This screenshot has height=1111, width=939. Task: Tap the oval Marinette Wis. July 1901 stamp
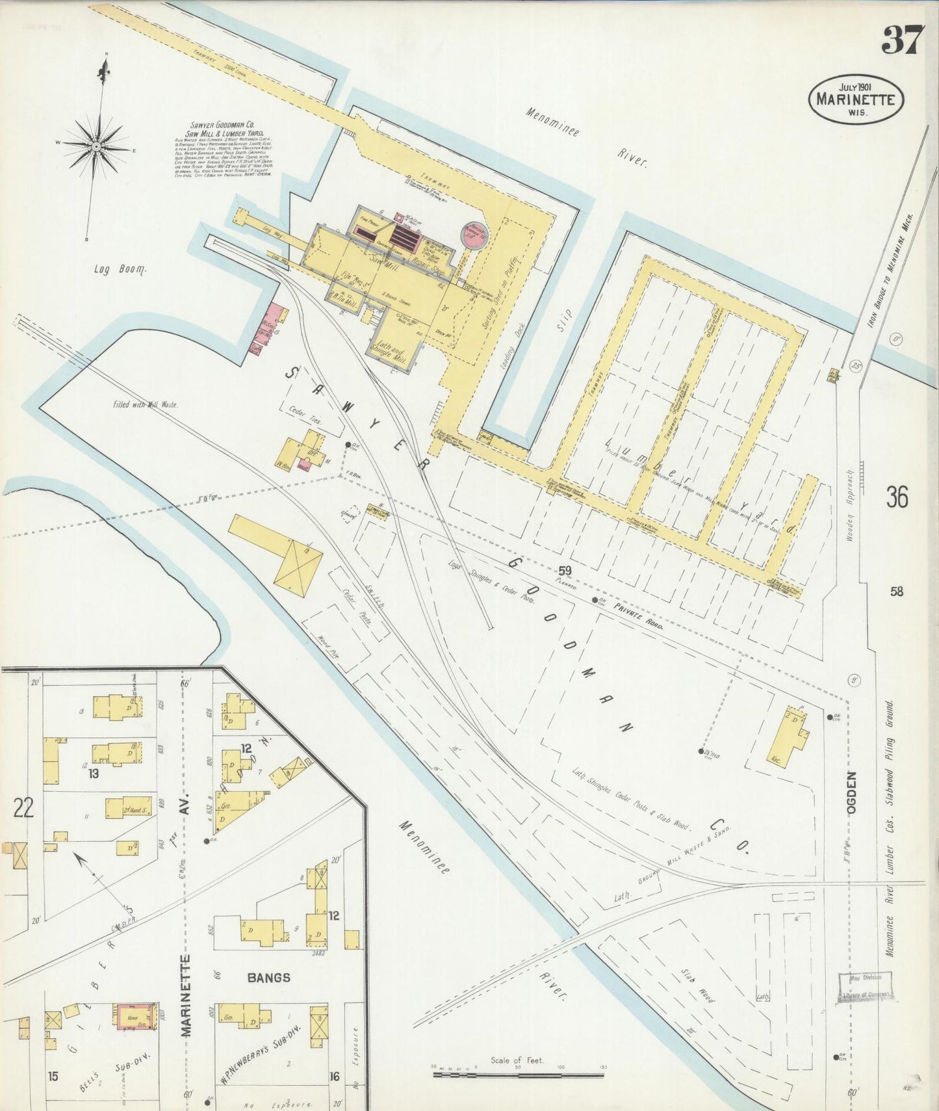pyautogui.click(x=856, y=99)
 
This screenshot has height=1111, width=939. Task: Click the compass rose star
pyautogui.click(x=96, y=147)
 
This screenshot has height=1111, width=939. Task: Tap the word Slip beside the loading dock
pyautogui.click(x=565, y=320)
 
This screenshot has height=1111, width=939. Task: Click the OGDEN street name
pyautogui.click(x=851, y=792)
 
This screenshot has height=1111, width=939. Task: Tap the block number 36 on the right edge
pyautogui.click(x=896, y=497)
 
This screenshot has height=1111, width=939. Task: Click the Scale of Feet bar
pyautogui.click(x=518, y=1075)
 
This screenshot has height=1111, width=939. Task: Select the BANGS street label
pyautogui.click(x=268, y=977)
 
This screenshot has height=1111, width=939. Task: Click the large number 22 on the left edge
pyautogui.click(x=23, y=807)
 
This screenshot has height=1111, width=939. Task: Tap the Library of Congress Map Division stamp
pyautogui.click(x=864, y=988)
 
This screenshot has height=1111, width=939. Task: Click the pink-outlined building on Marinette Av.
pyautogui.click(x=136, y=1016)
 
